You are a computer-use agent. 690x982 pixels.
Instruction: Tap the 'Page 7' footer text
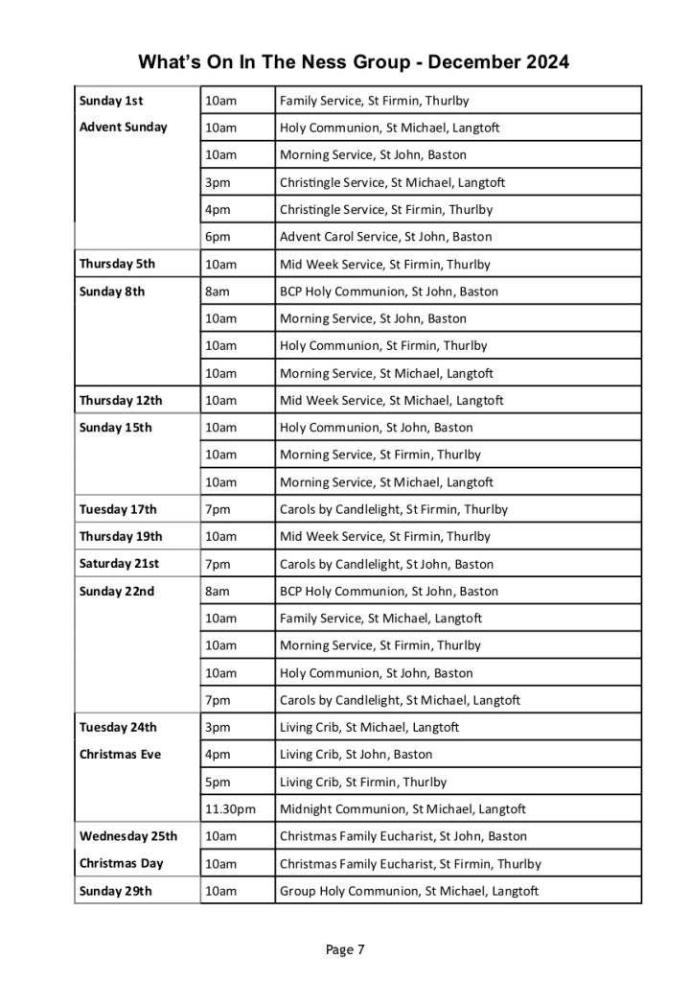(x=345, y=950)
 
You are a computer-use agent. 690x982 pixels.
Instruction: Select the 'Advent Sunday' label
(x=123, y=127)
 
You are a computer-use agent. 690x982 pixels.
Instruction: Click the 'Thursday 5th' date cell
(x=117, y=264)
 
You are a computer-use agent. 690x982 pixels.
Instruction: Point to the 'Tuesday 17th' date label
(x=118, y=509)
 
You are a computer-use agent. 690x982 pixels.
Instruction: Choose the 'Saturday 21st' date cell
(x=119, y=564)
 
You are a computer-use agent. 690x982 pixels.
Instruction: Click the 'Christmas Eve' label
(x=120, y=754)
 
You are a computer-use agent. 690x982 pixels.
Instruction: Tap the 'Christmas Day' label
(x=121, y=863)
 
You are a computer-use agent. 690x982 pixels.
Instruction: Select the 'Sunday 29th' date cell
(x=115, y=891)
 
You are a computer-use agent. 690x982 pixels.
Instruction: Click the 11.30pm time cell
(x=230, y=809)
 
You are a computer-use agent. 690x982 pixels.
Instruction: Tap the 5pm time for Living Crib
(x=217, y=782)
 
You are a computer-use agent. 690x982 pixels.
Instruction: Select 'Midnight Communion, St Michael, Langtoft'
(x=402, y=809)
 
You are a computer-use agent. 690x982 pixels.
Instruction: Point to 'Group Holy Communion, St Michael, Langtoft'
(x=409, y=891)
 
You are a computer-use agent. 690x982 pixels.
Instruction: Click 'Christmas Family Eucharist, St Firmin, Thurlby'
(x=410, y=863)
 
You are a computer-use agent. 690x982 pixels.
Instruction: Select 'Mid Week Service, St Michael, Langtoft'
(x=391, y=400)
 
